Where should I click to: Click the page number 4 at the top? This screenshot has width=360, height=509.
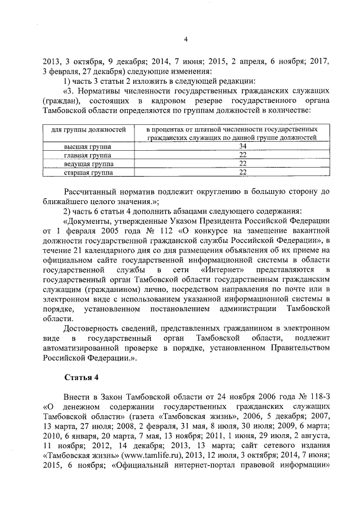point(185,38)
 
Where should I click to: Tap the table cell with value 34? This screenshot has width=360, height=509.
point(228,146)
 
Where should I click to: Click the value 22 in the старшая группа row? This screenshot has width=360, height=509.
point(228,173)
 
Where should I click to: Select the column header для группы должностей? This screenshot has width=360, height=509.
point(84,130)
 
